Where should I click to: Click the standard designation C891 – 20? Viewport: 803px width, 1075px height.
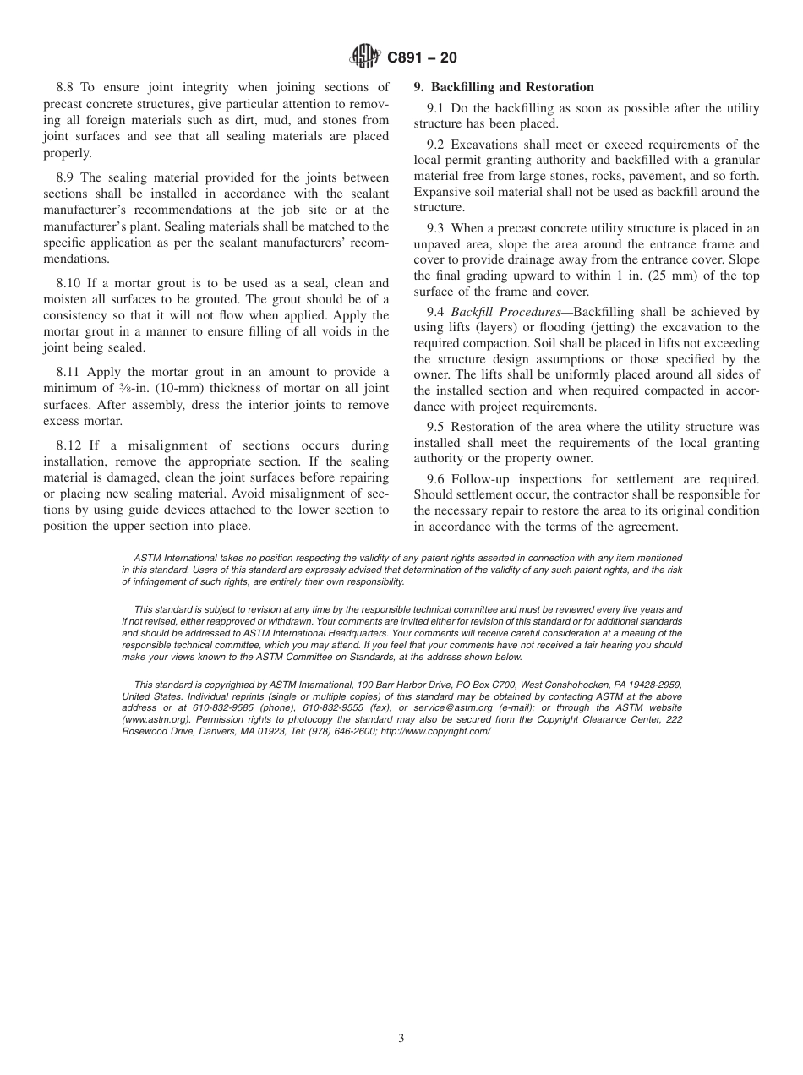422,57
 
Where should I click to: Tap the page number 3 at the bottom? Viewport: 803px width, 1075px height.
401,1039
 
